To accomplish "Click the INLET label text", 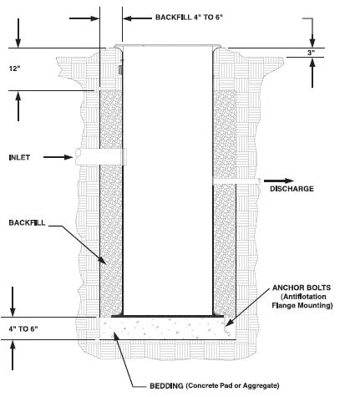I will pos(19,157).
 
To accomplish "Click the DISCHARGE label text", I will pos(292,189).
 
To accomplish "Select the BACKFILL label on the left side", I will pos(26,224).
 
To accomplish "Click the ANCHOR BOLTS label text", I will pos(302,286).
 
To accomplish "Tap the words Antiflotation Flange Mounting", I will pos(303,301).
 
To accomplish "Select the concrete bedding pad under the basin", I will pos(167,328).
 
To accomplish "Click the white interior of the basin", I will pos(166,184).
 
